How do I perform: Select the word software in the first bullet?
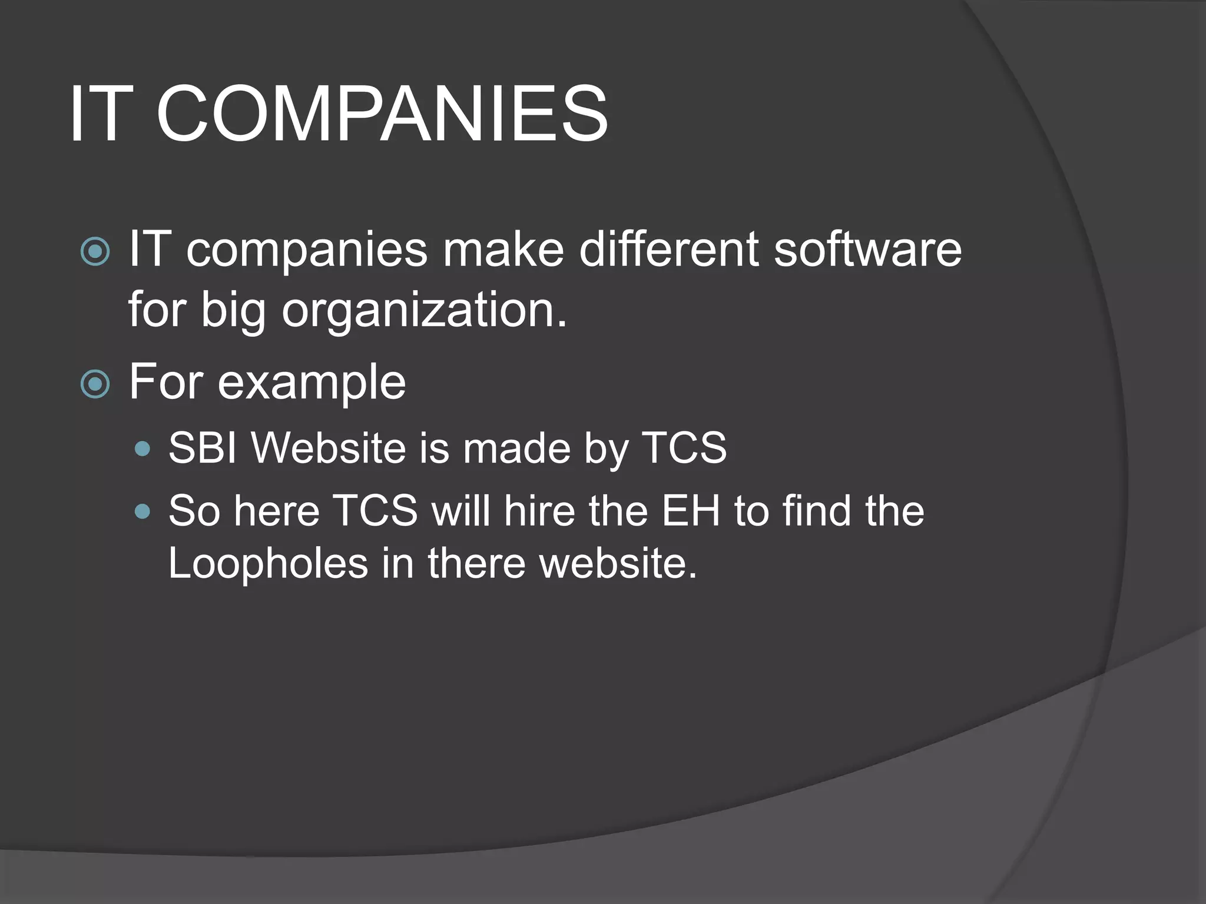[x=867, y=249]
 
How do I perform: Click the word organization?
[x=424, y=310]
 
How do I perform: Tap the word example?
[x=312, y=383]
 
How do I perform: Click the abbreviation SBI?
[x=203, y=448]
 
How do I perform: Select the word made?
[x=516, y=448]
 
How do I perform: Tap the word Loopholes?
[x=268, y=563]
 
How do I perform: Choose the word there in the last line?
[x=476, y=563]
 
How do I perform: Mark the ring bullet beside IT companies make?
[x=95, y=252]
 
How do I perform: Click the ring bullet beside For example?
[x=95, y=384]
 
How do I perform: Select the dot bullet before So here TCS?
[x=142, y=511]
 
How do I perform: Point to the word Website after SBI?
[x=328, y=448]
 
